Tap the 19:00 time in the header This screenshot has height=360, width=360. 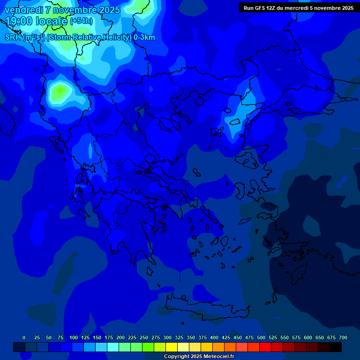coord(18,21)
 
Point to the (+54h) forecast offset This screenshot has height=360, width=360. coord(81,21)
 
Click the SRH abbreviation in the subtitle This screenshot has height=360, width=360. coord(13,37)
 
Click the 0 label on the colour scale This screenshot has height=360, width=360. coord(24,337)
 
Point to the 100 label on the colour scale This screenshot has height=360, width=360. coord(74,337)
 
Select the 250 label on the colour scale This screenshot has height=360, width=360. coord(144,337)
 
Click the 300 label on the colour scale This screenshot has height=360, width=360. coord(167,337)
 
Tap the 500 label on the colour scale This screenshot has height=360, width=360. coord(261,337)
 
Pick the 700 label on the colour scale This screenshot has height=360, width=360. coord(343,337)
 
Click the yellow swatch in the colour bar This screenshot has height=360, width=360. coord(172,347)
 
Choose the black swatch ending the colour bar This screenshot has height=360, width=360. coord(336,347)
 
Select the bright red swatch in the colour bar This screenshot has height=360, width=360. coord(265,347)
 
